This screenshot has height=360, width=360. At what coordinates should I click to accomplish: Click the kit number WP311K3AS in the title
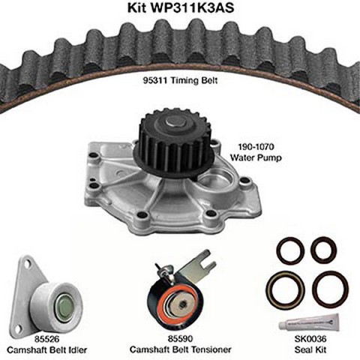click(192, 7)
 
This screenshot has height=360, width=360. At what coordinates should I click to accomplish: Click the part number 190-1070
click(253, 147)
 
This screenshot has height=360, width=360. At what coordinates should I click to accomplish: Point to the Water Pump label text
click(256, 157)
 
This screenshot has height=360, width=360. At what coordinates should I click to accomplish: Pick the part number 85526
click(47, 339)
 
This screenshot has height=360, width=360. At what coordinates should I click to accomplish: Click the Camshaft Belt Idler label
click(47, 349)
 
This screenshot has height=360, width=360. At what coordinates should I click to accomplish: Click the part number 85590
click(180, 338)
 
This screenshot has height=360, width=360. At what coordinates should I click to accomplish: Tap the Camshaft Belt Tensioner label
click(180, 349)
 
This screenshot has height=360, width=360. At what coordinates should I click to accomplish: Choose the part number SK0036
click(310, 339)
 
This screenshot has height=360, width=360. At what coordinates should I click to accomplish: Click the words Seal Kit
click(310, 349)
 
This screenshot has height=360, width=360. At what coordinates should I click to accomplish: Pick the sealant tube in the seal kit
click(309, 322)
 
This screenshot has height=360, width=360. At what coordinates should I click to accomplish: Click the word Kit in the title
click(136, 7)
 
